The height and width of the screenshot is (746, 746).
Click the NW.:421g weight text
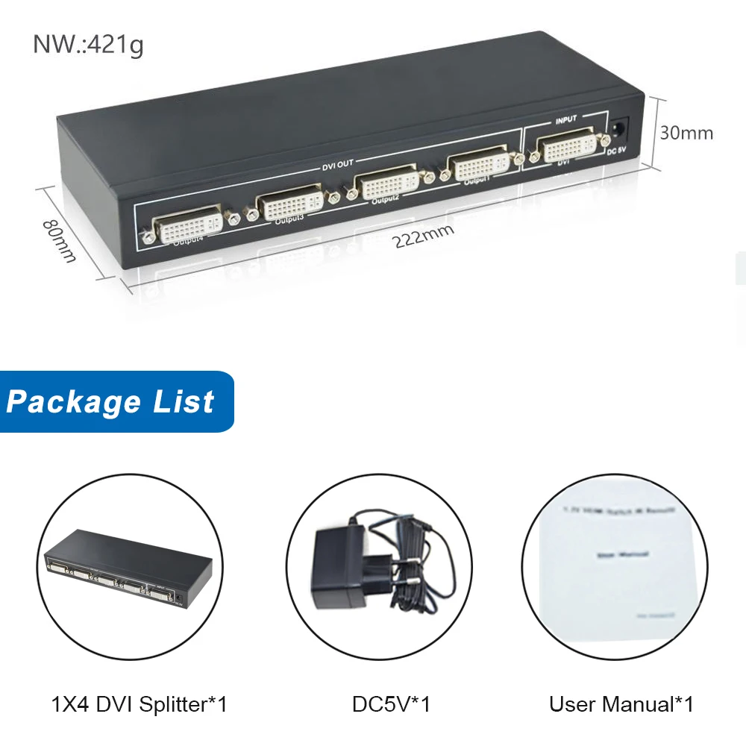[x=88, y=44]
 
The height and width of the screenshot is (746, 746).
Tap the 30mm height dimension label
[x=686, y=133]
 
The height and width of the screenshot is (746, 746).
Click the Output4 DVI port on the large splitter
[x=188, y=222]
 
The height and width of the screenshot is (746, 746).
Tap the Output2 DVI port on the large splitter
[x=385, y=182]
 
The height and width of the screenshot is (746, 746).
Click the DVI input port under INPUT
[x=567, y=146]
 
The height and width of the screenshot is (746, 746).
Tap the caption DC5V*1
[x=391, y=703]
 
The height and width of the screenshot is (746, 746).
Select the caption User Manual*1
[x=621, y=703]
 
